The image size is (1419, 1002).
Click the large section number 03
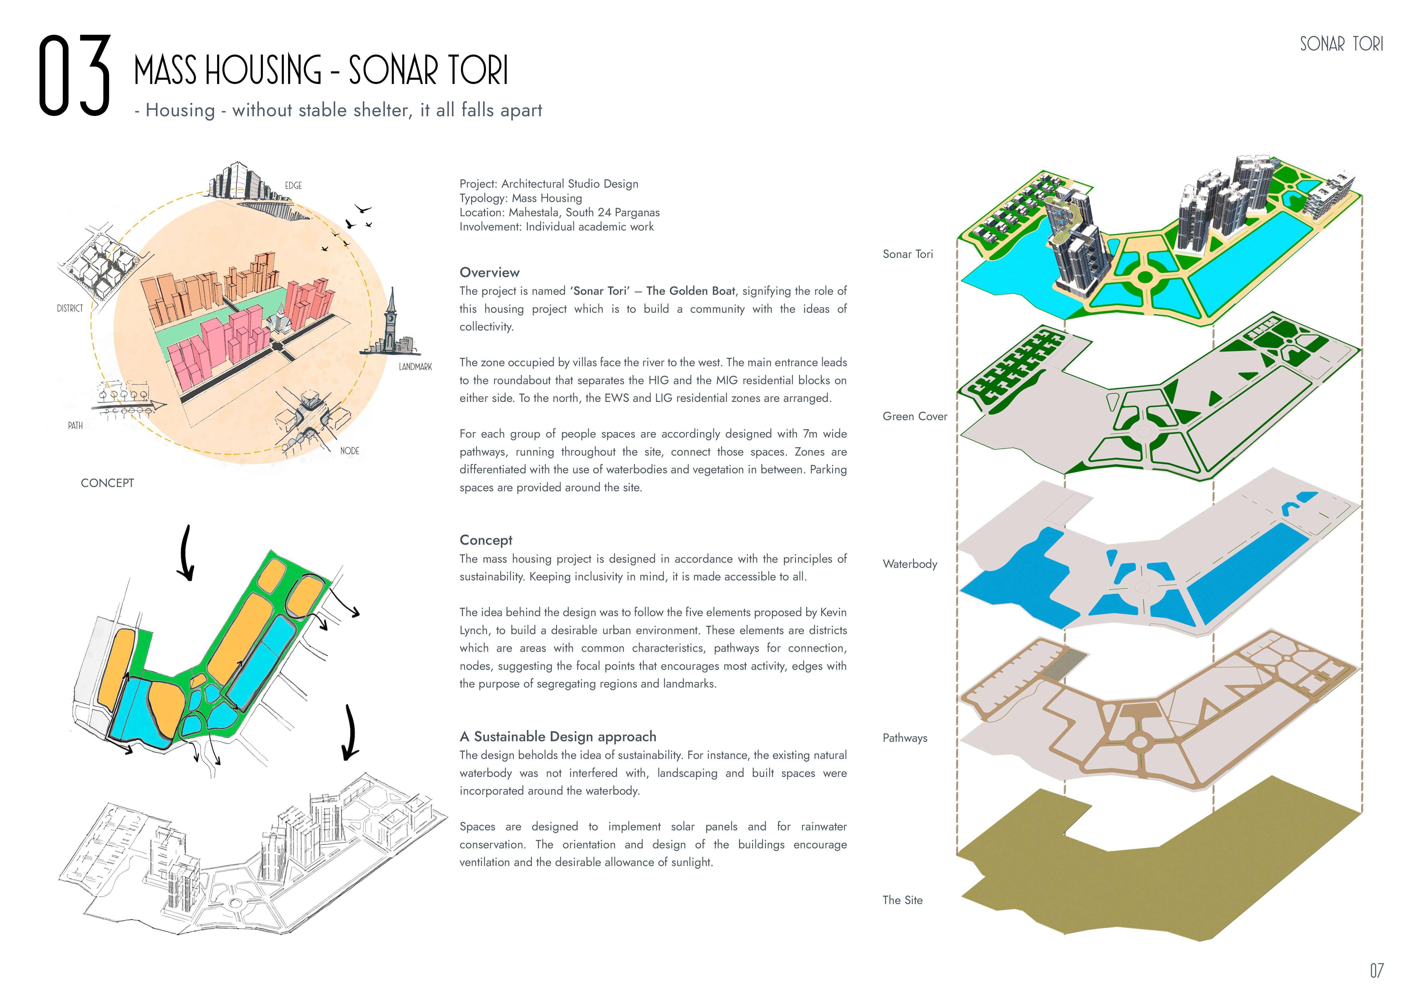(x=74, y=75)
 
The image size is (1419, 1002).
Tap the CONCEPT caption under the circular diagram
(x=107, y=483)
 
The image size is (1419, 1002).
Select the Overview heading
(x=489, y=272)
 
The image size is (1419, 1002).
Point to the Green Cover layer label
(x=915, y=416)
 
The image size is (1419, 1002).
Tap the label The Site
(x=902, y=900)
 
